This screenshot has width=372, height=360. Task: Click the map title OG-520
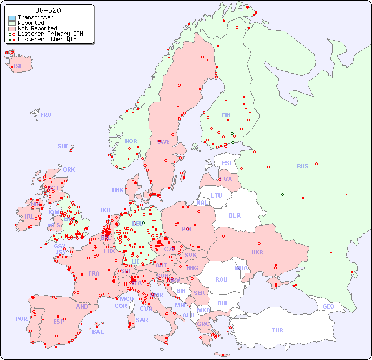(48, 10)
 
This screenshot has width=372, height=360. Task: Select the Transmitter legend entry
(35, 18)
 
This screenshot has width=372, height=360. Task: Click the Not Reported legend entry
(37, 28)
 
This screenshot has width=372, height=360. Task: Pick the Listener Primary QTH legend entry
(50, 34)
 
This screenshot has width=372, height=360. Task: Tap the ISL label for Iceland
(18, 67)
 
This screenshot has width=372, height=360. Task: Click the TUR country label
(277, 330)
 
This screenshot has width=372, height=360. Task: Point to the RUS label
(302, 166)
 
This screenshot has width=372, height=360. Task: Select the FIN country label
(226, 115)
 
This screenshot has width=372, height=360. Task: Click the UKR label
(257, 252)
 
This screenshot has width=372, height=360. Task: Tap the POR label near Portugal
(21, 319)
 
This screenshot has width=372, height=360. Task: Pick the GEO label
(328, 306)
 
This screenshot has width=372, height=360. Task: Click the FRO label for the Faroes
(46, 115)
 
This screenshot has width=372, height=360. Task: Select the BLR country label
(235, 215)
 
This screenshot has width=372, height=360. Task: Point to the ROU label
(221, 279)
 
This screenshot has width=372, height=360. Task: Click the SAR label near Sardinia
(142, 320)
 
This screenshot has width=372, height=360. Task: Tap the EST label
(227, 163)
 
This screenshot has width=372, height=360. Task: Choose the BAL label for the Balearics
(98, 332)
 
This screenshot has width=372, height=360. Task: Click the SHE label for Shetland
(63, 146)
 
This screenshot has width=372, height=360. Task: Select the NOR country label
(131, 141)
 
